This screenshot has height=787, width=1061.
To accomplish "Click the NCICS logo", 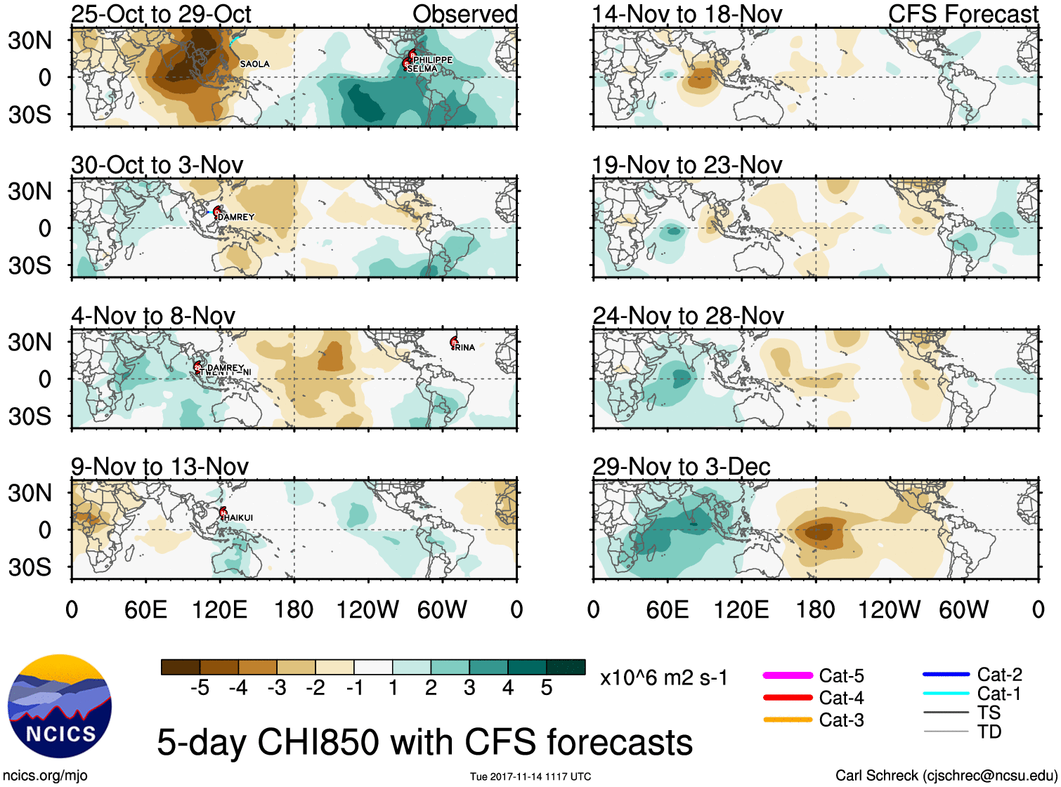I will click(60, 706).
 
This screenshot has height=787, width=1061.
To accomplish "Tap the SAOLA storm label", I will click(254, 64).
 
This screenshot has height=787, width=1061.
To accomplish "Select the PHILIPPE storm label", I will click(433, 60).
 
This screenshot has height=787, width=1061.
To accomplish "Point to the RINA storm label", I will click(464, 348).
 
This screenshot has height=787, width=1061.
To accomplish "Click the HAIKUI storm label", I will click(238, 517).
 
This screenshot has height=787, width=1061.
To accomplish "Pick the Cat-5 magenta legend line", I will click(788, 675).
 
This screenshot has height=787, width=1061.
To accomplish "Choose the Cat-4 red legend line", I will click(788, 697).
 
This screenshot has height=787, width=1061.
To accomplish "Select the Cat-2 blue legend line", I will click(946, 674).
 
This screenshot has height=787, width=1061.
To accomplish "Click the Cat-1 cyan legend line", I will click(946, 694).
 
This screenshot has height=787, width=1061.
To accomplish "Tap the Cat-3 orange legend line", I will click(788, 720).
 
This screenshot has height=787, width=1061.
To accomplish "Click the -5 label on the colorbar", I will click(200, 688).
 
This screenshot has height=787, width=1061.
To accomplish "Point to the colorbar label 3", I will click(469, 688).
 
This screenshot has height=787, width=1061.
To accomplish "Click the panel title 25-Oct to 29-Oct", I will click(161, 14).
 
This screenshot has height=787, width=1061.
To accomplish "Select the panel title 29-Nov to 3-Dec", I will click(681, 466).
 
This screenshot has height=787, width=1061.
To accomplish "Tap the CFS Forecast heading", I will click(963, 14).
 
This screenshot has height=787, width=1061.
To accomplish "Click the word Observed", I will click(464, 14).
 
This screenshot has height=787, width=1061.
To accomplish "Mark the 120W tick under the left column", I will click(367, 609).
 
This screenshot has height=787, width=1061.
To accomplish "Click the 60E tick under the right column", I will click(667, 609).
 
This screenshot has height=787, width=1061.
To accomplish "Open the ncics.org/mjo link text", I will click(45, 776).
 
